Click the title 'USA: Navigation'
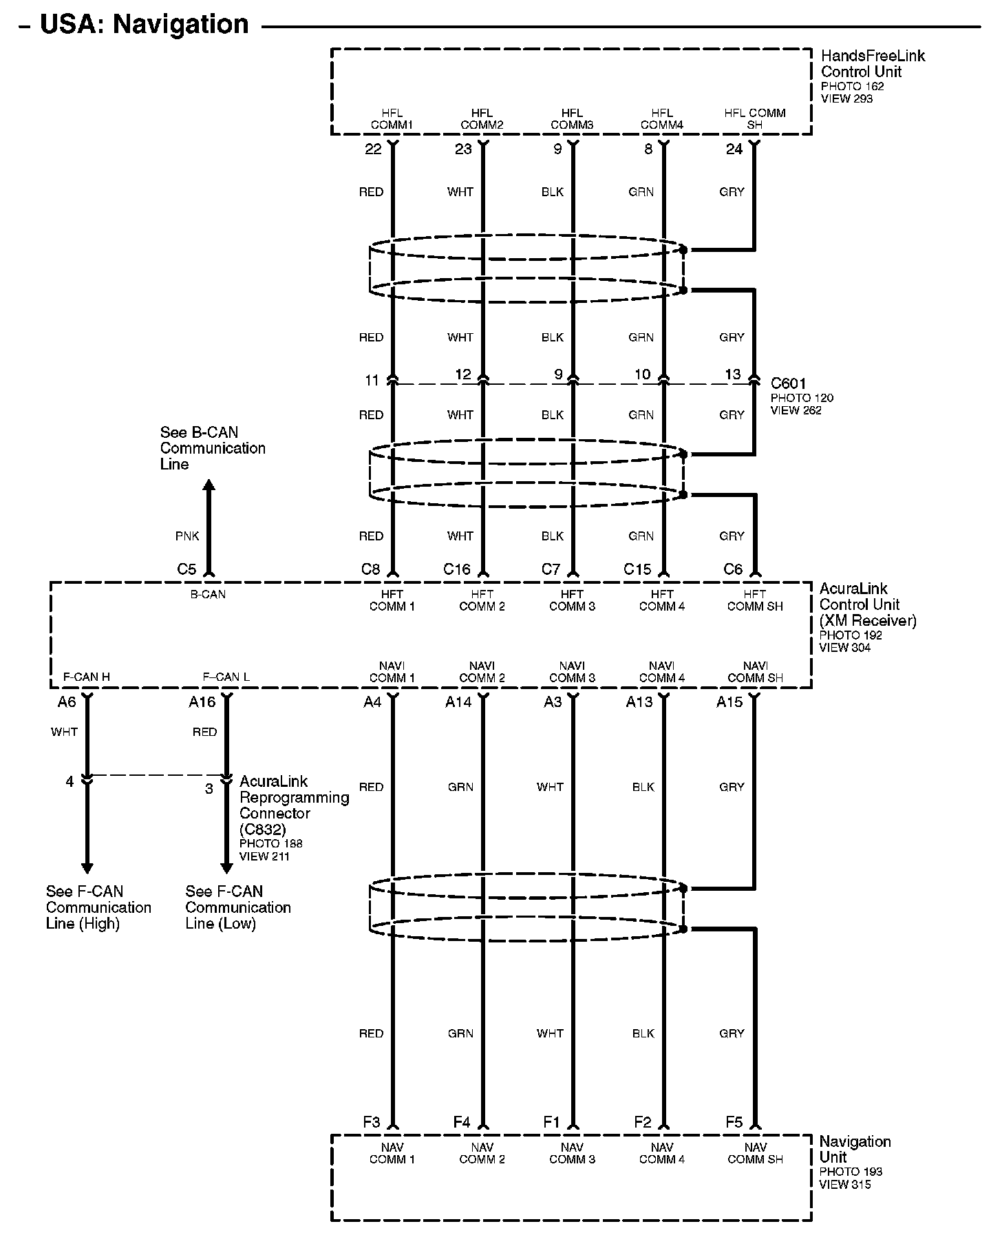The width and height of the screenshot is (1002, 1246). (144, 24)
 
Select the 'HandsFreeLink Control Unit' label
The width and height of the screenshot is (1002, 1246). (873, 63)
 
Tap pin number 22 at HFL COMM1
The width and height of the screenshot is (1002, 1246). (373, 149)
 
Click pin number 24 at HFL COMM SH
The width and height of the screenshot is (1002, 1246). (734, 149)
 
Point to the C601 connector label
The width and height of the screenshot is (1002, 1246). (788, 383)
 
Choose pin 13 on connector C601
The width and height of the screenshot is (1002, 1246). (733, 374)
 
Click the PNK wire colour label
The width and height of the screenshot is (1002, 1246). (187, 536)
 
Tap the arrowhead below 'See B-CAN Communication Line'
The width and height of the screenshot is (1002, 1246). (209, 485)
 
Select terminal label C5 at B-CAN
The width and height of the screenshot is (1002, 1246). (186, 569)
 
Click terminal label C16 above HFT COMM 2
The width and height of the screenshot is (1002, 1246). (457, 569)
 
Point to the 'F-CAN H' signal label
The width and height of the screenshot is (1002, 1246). (86, 677)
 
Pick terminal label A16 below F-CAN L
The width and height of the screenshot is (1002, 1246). (202, 702)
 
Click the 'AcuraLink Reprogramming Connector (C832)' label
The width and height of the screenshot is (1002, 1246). (294, 805)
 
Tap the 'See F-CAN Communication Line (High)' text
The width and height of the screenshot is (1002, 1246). (98, 907)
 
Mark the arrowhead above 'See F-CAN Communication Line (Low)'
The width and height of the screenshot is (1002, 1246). (226, 868)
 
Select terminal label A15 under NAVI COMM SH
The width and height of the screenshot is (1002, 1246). (729, 702)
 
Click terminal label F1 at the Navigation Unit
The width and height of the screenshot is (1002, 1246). (552, 1123)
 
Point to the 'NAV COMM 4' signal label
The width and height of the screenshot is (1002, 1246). (662, 1153)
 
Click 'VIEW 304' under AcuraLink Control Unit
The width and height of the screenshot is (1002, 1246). (844, 647)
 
